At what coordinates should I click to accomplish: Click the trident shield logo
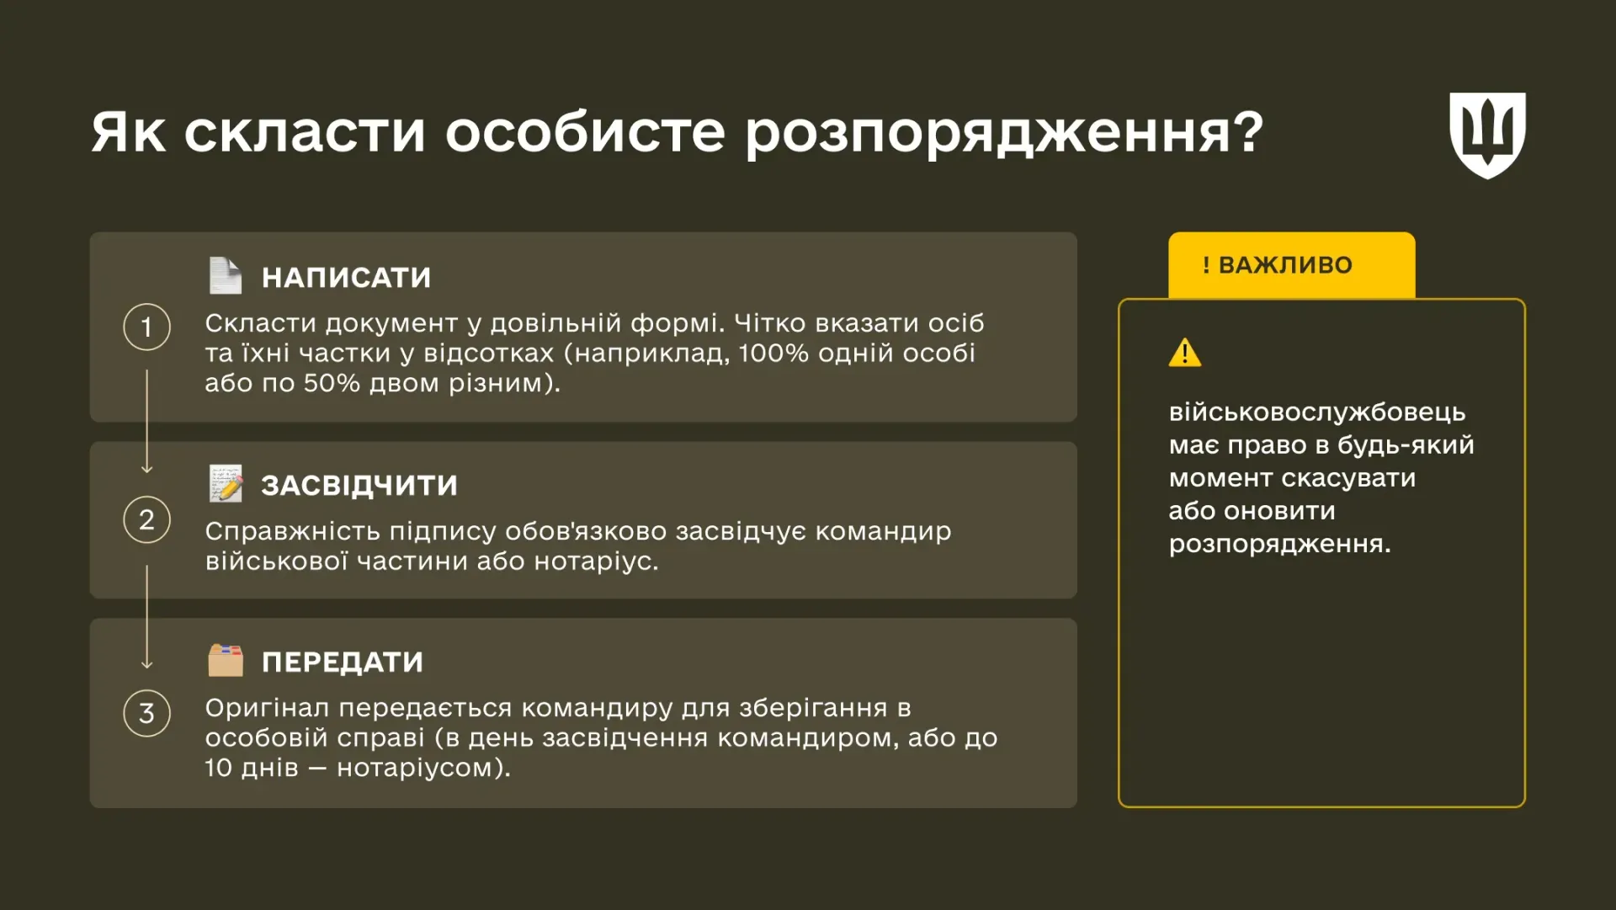click(1487, 135)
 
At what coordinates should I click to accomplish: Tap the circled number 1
click(146, 327)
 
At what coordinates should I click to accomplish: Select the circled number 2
click(146, 519)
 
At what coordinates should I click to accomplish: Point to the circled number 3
click(146, 713)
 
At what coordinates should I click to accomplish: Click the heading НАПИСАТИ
click(346, 278)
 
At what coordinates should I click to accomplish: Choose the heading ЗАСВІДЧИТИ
click(359, 486)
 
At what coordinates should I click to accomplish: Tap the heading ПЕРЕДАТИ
click(343, 663)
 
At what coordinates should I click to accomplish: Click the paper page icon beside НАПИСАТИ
click(225, 275)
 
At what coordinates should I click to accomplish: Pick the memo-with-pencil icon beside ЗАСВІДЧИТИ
click(226, 483)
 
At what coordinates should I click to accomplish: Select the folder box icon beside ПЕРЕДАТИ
click(226, 661)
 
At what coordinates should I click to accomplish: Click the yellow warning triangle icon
click(1185, 353)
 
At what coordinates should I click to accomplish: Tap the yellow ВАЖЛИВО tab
click(1291, 265)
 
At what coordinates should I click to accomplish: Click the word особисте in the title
click(585, 132)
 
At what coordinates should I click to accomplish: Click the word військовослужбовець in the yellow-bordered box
click(1317, 412)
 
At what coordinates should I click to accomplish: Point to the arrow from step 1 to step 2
click(147, 421)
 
